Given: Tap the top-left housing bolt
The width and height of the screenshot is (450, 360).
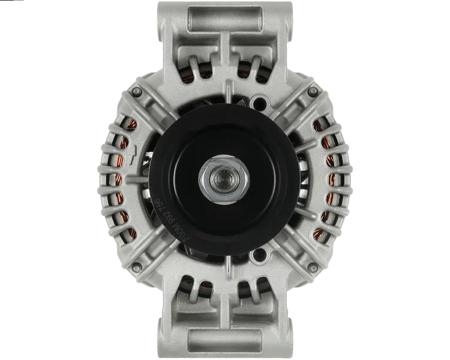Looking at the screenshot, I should coord(137,91).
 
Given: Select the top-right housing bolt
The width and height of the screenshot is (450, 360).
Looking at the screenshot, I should coord(313,91).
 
